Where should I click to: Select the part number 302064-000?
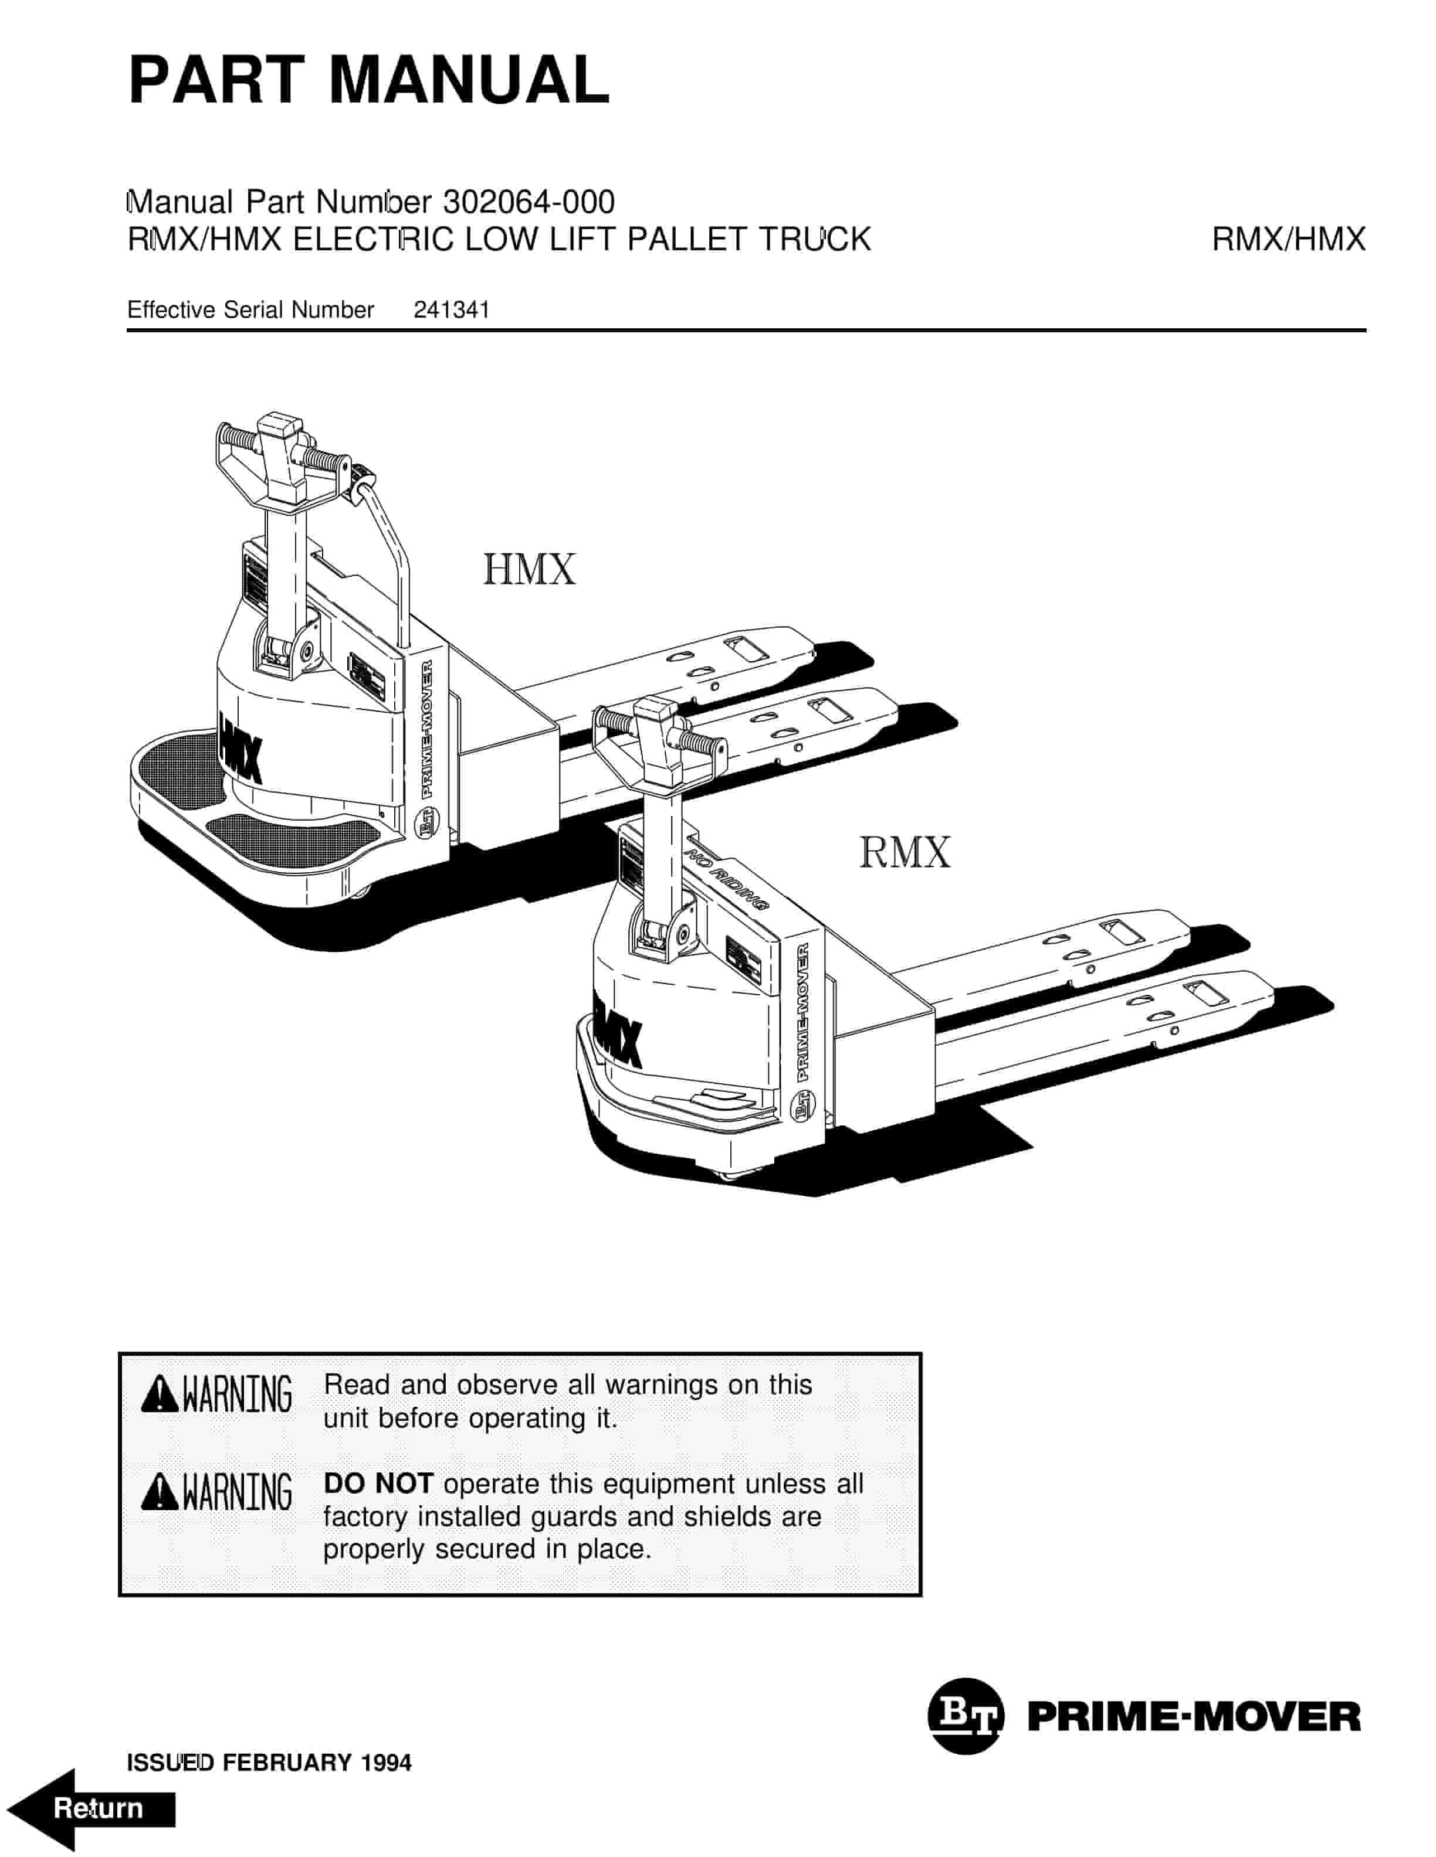click(529, 202)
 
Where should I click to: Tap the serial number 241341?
click(451, 310)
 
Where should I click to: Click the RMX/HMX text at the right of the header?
click(1288, 240)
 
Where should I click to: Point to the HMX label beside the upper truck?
click(529, 570)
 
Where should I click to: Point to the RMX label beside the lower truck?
click(905, 853)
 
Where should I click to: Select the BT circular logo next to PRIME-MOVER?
click(965, 1717)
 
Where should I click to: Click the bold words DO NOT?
click(378, 1484)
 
